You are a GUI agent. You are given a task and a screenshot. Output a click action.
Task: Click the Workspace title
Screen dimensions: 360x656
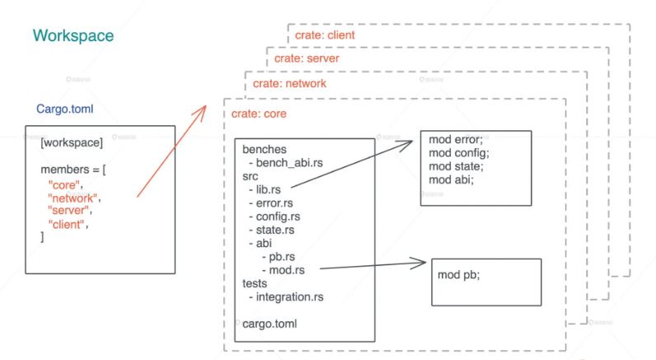click(x=73, y=37)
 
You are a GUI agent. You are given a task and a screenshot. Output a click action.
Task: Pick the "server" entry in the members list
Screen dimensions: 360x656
click(x=71, y=211)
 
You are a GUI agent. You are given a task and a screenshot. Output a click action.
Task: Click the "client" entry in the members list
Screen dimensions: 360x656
click(x=69, y=224)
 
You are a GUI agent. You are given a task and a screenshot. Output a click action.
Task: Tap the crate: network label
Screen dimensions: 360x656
click(x=289, y=83)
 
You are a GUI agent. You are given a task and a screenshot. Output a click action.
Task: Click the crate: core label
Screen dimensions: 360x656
click(x=259, y=114)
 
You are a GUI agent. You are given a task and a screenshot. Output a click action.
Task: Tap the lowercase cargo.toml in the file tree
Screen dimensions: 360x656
click(x=269, y=323)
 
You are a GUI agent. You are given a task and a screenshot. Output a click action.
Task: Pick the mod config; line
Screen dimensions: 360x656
click(x=459, y=152)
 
